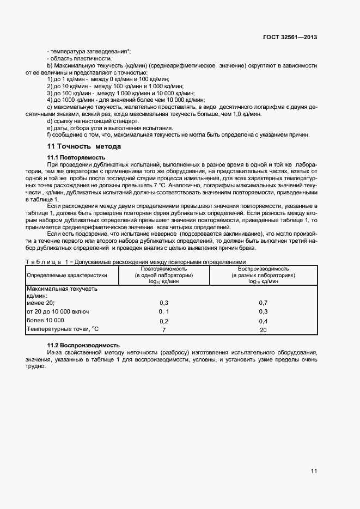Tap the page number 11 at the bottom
tap(314, 471)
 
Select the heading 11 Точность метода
tap(84, 146)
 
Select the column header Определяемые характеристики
tap(67, 275)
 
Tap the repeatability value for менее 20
tap(164, 302)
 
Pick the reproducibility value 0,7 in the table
tap(263, 302)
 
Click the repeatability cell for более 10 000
tap(164, 321)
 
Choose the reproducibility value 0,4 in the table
tap(263, 321)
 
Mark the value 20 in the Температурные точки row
tap(263, 330)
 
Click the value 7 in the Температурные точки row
tap(164, 330)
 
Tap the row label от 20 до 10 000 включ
tap(58, 311)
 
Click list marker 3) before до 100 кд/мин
tap(50, 93)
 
